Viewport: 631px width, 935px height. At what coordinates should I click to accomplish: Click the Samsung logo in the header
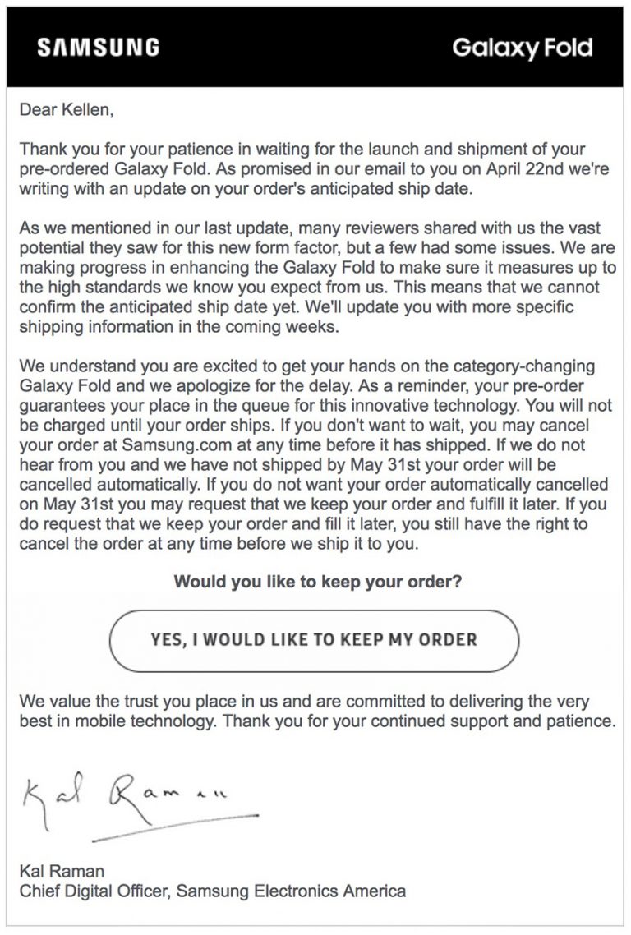(x=98, y=48)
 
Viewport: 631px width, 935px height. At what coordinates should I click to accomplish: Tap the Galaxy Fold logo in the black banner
(x=522, y=48)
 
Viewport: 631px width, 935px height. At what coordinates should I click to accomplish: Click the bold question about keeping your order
(x=317, y=583)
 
